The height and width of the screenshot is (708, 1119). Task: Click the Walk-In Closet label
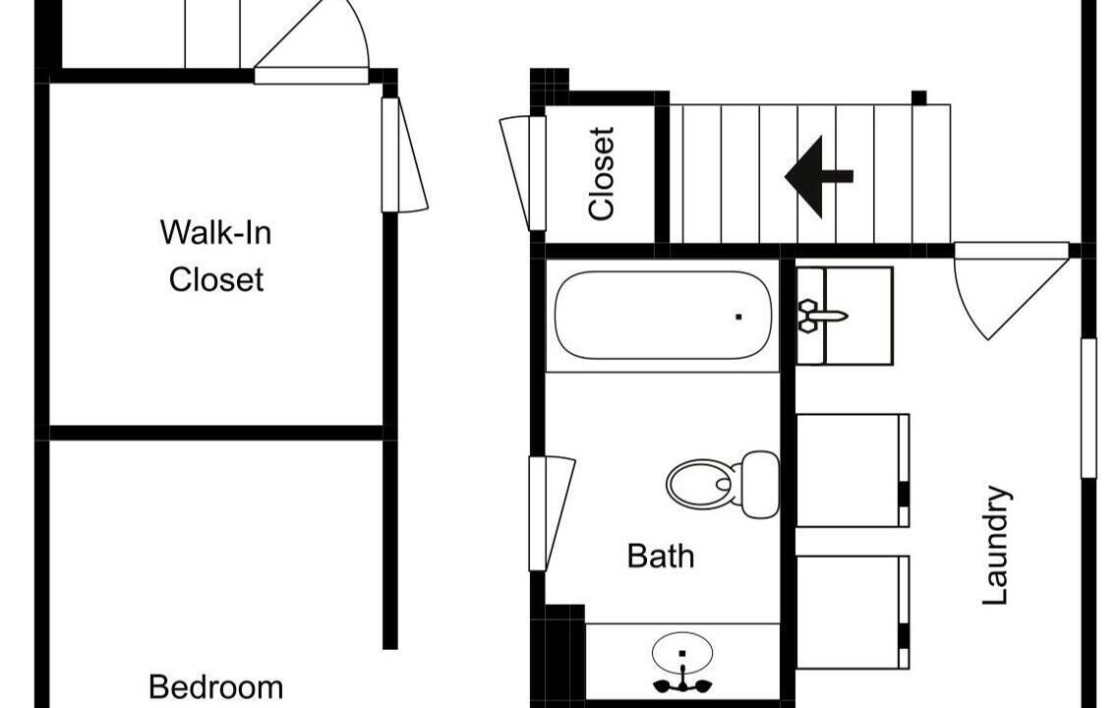click(x=216, y=256)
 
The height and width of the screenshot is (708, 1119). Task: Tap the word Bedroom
click(x=215, y=687)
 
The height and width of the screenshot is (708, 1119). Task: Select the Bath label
click(x=660, y=556)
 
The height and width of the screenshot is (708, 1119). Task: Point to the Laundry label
click(x=996, y=546)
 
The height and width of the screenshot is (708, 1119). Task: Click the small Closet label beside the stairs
click(x=601, y=173)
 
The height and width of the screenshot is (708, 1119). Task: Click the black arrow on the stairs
click(x=818, y=176)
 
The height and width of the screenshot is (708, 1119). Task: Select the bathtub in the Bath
click(x=663, y=316)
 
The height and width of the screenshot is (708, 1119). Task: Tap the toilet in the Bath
click(x=722, y=485)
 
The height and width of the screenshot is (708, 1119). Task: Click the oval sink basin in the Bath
click(x=682, y=652)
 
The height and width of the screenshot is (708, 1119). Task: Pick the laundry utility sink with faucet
click(x=845, y=317)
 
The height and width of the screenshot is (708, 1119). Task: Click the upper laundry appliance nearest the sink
click(x=853, y=470)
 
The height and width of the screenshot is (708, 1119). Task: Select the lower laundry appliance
click(x=853, y=613)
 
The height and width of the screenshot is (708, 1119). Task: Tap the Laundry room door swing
click(x=1011, y=290)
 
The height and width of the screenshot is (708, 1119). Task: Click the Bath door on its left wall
click(x=551, y=513)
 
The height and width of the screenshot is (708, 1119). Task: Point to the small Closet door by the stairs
click(x=523, y=173)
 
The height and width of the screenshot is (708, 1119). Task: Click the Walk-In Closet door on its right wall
click(x=404, y=155)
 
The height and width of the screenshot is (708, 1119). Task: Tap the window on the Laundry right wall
click(x=1089, y=408)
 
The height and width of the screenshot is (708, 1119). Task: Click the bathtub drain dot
click(x=738, y=317)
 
